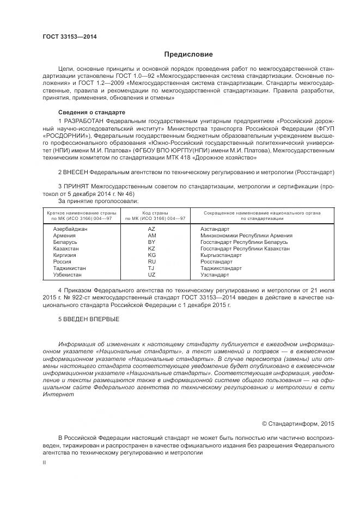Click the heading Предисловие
pos(189,54)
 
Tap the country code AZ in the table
pos(151,229)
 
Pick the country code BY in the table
pos(151,242)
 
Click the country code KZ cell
pos(151,249)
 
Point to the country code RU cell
pos(151,262)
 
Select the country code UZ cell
pos(151,275)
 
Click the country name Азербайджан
pos(70,229)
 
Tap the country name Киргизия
pos(65,255)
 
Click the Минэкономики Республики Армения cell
pos(246,236)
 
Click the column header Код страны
pos(155,213)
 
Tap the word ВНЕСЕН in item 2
pos(76,172)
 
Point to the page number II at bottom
pos(45,462)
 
